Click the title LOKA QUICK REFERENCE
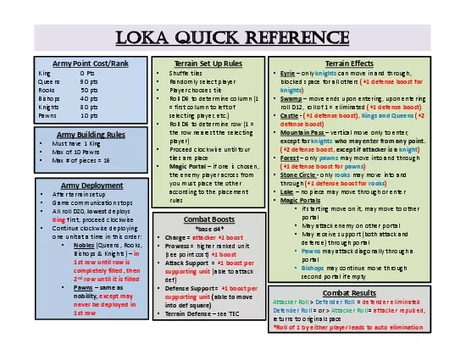(233, 36)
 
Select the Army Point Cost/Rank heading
(79, 64)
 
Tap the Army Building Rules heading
(79, 134)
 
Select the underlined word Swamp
(291, 97)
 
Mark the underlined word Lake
(288, 191)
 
